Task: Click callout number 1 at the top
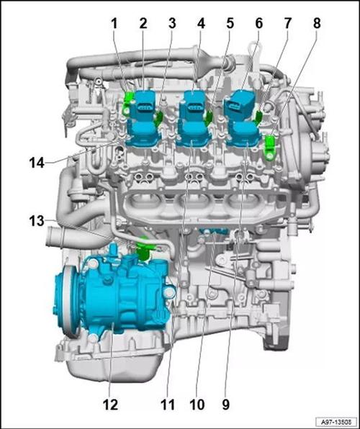pyautogui.click(x=114, y=24)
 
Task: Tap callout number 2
pyautogui.click(x=143, y=24)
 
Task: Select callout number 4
pyautogui.click(x=201, y=24)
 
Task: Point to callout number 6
pyautogui.click(x=258, y=24)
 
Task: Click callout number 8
pyautogui.click(x=317, y=24)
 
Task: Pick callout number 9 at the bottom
pyautogui.click(x=225, y=405)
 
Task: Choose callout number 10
pyautogui.click(x=197, y=405)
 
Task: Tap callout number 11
pyautogui.click(x=168, y=405)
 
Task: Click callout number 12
pyautogui.click(x=111, y=405)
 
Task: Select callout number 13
pyautogui.click(x=37, y=220)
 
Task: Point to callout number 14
pyautogui.click(x=37, y=163)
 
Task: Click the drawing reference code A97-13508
pyautogui.click(x=336, y=421)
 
